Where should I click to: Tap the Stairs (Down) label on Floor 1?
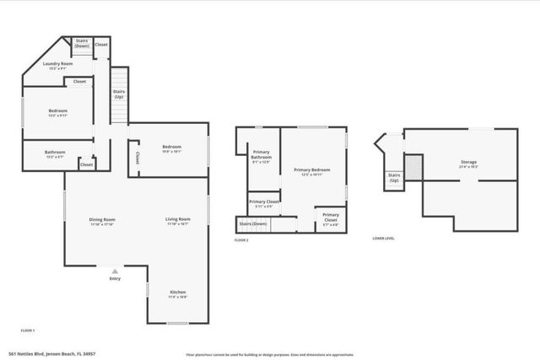(x=82, y=43)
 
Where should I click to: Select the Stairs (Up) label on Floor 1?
(x=118, y=94)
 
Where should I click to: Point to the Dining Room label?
(x=102, y=220)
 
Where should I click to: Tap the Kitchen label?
(x=177, y=292)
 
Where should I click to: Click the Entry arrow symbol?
(x=115, y=271)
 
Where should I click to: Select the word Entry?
(x=115, y=279)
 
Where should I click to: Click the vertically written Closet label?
(x=137, y=158)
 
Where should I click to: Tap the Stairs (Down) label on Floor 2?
(x=253, y=223)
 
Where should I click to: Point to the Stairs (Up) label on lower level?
(x=394, y=178)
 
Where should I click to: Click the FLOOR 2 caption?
(x=241, y=240)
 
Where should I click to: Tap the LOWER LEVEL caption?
(x=383, y=239)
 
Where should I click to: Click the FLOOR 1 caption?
(x=28, y=330)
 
